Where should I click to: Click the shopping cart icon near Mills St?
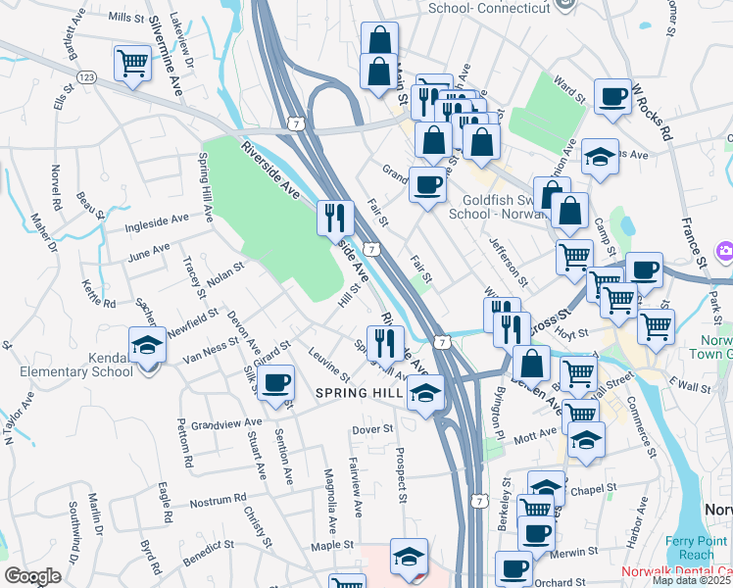tap(132, 64)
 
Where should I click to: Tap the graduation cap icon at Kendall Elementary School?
tap(147, 345)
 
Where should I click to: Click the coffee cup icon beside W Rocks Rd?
tap(613, 96)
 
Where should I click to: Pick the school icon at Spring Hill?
tap(425, 393)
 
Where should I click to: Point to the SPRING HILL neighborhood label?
tap(359, 392)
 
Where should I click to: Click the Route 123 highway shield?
tap(87, 76)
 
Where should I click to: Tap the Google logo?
tap(32, 576)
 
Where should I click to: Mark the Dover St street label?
tap(372, 428)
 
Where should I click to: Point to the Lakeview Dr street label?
tap(183, 33)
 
